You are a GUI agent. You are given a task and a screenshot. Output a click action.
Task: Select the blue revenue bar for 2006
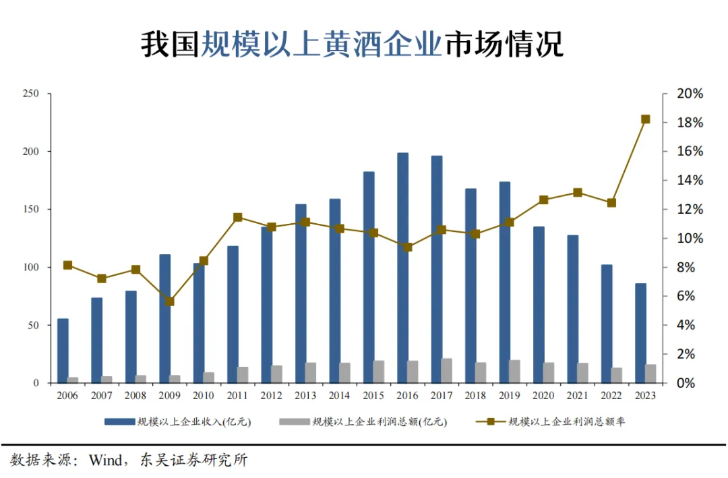(63, 351)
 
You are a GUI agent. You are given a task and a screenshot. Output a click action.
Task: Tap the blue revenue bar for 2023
(641, 333)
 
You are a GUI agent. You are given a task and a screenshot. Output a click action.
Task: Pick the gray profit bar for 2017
(447, 371)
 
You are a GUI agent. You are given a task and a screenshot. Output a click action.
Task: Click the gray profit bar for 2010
(209, 378)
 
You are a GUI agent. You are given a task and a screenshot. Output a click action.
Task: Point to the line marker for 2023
(645, 119)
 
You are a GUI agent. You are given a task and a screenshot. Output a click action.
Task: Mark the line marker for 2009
(170, 301)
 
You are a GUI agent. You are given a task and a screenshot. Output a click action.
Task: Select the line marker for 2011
(238, 217)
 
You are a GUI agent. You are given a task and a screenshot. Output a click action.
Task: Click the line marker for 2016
(408, 247)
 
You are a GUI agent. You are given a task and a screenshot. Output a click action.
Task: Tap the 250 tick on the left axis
(31, 94)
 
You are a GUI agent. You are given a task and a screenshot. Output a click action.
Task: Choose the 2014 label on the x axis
(339, 396)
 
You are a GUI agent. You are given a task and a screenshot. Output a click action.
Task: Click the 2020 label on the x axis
(543, 396)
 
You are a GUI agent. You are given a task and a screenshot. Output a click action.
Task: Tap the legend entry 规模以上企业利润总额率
(566, 422)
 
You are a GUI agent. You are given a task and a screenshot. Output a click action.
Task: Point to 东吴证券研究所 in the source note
(193, 461)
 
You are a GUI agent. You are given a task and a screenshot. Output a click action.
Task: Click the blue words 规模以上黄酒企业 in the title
(322, 45)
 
